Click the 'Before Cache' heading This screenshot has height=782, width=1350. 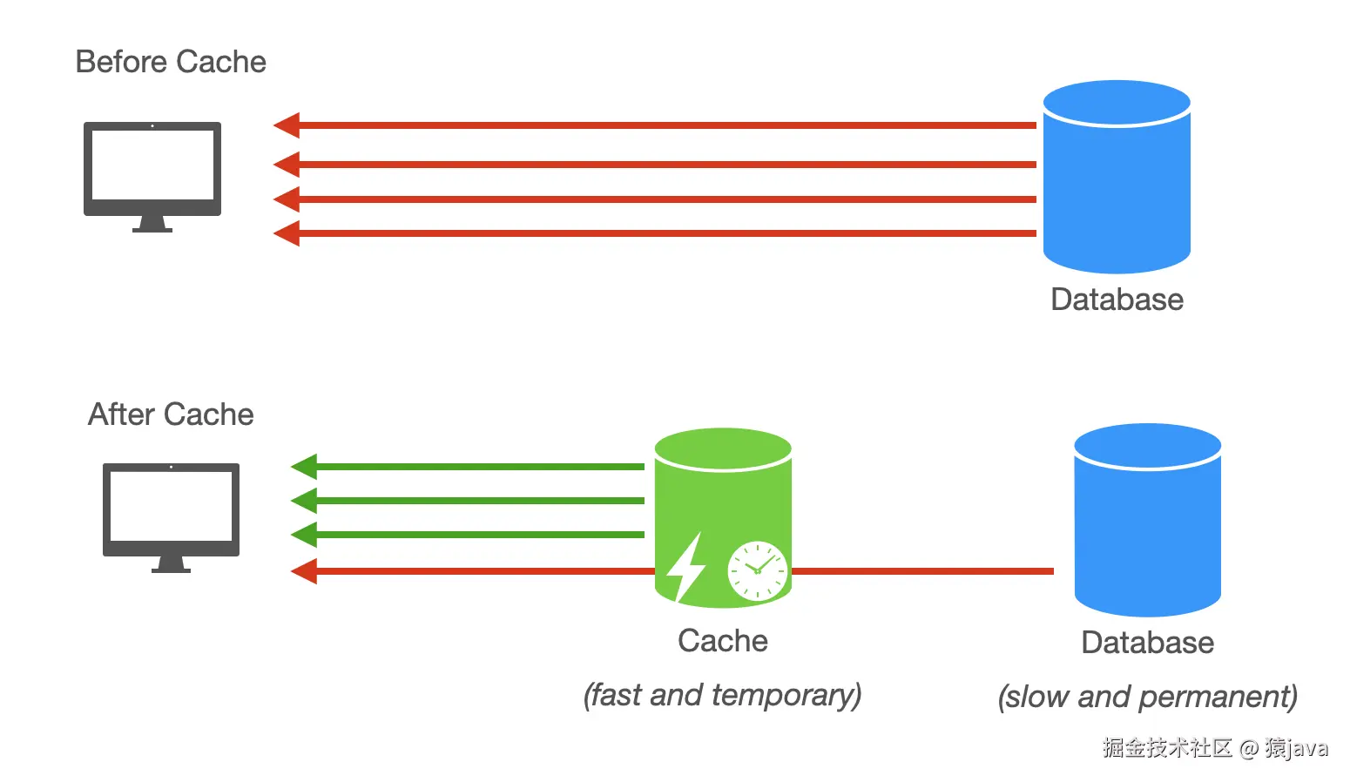(171, 63)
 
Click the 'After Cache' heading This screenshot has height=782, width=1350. (171, 415)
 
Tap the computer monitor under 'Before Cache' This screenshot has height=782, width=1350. (152, 174)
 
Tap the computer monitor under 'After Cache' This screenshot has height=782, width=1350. (171, 516)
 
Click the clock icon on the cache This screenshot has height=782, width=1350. (757, 570)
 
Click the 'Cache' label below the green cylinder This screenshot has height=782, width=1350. (723, 641)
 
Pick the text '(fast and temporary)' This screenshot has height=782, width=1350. (722, 695)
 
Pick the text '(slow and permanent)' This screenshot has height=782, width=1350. (1147, 697)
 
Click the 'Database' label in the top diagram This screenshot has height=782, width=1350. (1117, 300)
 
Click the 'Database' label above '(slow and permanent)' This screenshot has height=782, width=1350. (1147, 643)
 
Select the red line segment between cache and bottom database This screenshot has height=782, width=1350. (923, 571)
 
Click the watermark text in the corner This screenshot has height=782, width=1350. (1215, 748)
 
